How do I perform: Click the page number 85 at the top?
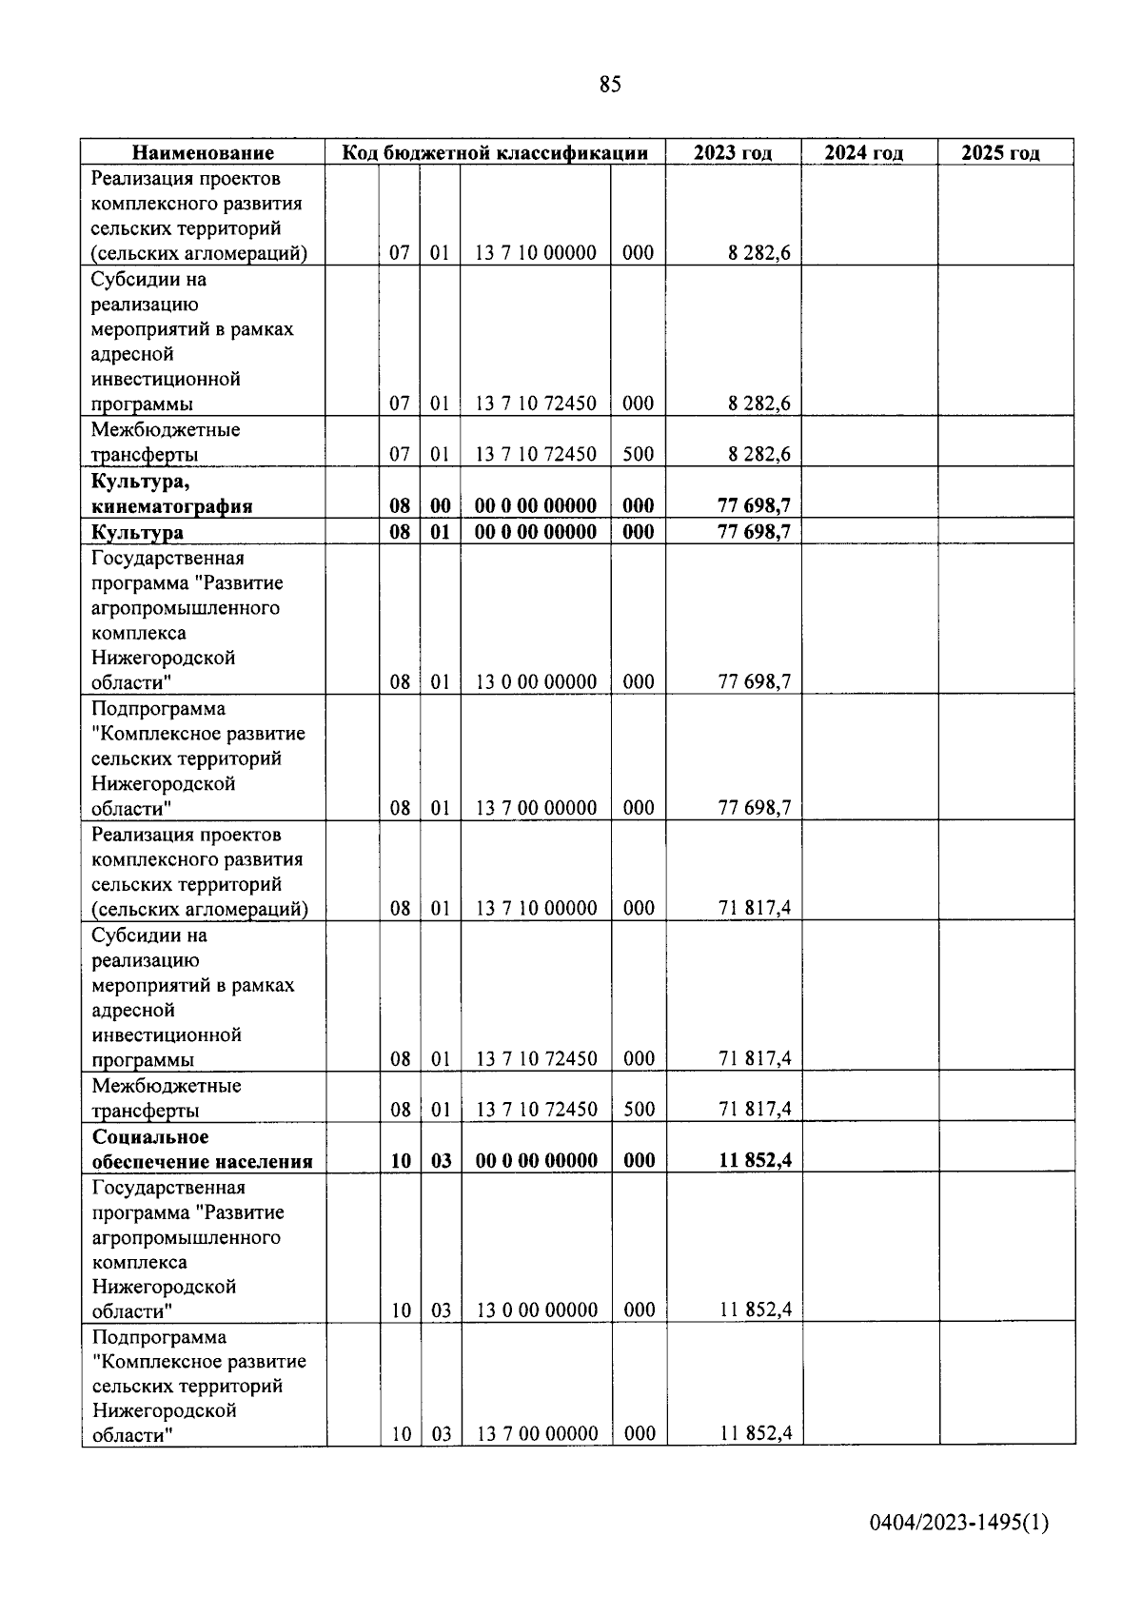pos(610,85)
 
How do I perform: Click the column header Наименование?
pos(203,153)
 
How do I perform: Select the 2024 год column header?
pos(863,153)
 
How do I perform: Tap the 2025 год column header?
pos(1000,153)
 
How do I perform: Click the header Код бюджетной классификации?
pos(495,153)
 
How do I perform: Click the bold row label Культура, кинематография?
pos(172,494)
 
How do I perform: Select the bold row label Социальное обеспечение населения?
pos(202,1149)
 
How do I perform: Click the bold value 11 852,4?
pos(756,1160)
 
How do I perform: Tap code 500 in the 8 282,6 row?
pos(638,454)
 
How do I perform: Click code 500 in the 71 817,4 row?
pos(639,1110)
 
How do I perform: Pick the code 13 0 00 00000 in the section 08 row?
pos(536,681)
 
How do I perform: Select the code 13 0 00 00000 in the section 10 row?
pos(537,1310)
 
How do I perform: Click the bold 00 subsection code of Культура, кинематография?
pos(440,505)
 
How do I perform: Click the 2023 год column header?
pos(733,153)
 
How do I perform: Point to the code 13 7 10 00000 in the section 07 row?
pos(536,253)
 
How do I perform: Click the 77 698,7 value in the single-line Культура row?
pos(754,532)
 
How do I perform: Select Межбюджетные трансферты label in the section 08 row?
pos(167,1098)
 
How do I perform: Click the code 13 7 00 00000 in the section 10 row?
pos(537,1434)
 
